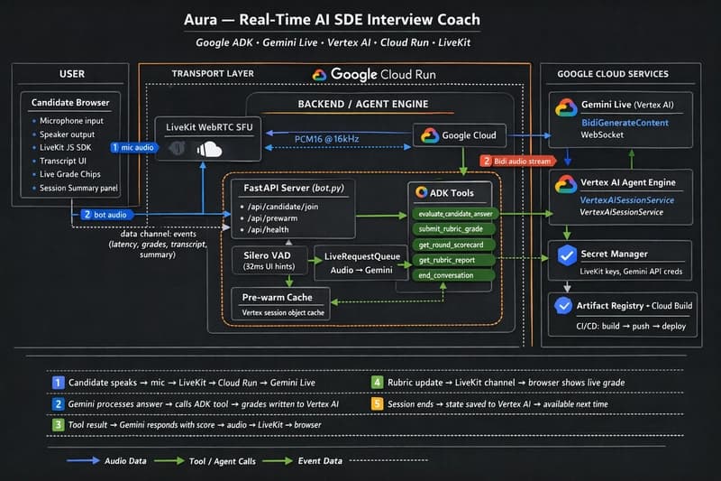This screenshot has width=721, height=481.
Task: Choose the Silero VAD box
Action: [x=266, y=260]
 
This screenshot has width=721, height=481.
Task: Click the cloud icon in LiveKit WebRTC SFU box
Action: [x=208, y=149]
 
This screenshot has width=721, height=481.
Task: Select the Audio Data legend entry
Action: [x=123, y=460]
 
